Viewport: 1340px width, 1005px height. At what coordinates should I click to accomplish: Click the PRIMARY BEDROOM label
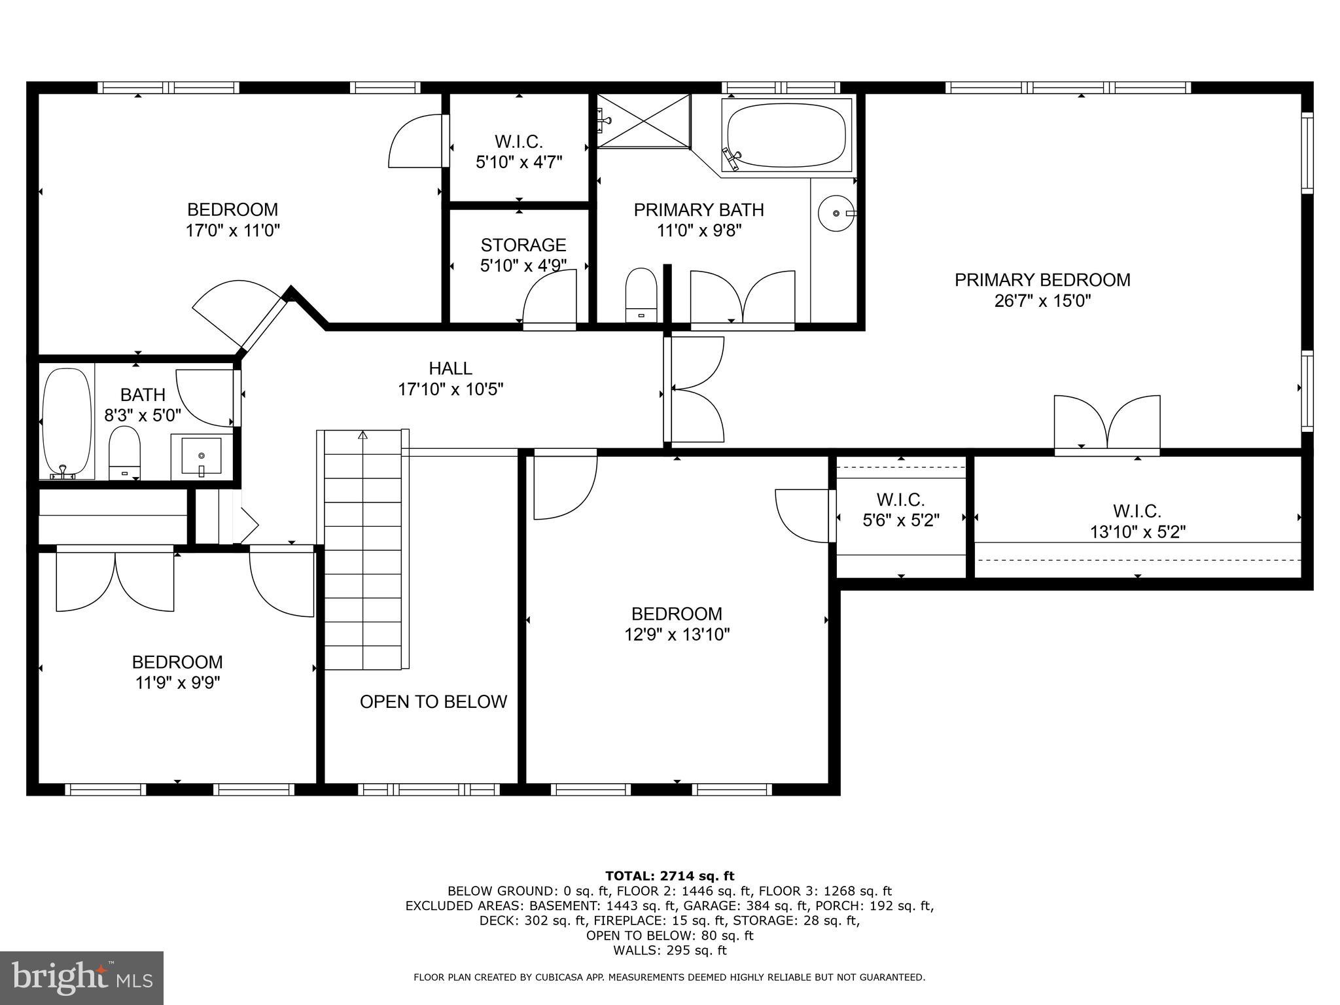1042,280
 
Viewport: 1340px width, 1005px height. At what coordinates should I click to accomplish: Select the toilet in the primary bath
641,294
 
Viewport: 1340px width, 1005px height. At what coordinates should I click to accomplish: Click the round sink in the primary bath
836,213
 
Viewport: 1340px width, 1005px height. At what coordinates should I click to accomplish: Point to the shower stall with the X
644,121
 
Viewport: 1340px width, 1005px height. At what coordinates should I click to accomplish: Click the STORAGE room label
523,245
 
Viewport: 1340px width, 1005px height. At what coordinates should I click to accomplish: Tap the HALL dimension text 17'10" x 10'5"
450,389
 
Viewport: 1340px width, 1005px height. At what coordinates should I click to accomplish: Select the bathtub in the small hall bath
67,422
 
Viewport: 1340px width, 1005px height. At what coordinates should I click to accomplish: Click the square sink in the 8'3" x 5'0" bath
202,455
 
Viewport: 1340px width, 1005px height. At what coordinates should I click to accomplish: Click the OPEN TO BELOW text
433,701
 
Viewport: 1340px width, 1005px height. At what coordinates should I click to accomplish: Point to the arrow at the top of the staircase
363,435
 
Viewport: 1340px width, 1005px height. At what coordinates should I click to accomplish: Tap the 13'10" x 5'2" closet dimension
1137,532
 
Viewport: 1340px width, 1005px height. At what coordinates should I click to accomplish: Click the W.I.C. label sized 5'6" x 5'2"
900,500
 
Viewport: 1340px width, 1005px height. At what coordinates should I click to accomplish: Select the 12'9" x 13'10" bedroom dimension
677,634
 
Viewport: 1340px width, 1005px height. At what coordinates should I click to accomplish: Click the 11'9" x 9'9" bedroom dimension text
177,682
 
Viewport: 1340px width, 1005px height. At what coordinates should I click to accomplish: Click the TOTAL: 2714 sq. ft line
669,875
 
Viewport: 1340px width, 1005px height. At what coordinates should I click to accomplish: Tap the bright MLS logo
82,978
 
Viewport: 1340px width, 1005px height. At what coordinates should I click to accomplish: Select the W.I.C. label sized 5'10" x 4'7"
519,141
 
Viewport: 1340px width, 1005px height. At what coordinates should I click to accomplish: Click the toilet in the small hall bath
124,451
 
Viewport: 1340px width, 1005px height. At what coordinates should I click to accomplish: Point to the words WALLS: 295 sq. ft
669,950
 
